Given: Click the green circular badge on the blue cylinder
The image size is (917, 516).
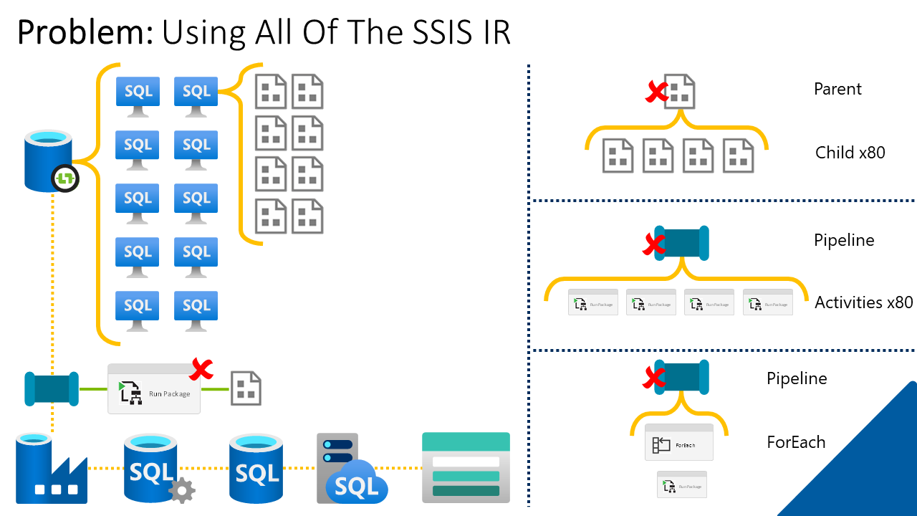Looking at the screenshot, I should tap(65, 178).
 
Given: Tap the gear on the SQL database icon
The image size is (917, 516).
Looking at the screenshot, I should tap(182, 491).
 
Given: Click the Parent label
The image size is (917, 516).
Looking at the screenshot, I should tap(837, 90).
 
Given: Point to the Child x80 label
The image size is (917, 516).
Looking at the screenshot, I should tap(850, 153).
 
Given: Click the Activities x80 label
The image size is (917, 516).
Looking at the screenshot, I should tap(864, 302).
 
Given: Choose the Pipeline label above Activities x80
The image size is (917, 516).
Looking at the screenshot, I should tap(844, 240).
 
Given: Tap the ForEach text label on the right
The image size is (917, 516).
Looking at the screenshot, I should tap(796, 442).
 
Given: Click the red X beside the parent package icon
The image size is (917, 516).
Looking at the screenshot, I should tap(656, 92).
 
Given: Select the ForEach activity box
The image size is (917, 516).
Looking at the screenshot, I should tap(679, 443).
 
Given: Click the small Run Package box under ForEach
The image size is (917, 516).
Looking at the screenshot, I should tap(682, 484).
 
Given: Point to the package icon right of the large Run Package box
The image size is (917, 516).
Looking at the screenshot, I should tap(246, 388).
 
